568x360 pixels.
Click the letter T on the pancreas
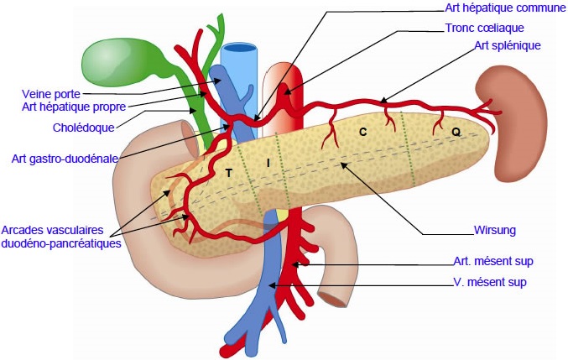point(228,174)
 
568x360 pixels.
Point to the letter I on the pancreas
point(268,164)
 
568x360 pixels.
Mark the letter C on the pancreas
point(362,133)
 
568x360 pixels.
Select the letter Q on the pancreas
point(456,133)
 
